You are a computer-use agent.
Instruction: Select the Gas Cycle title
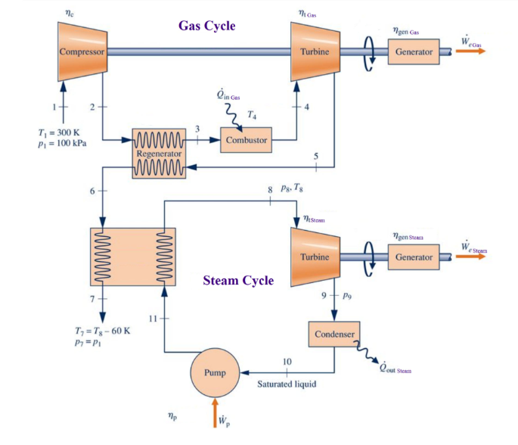[206, 26]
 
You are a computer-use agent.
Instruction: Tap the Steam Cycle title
[238, 281]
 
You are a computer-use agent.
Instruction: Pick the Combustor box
[246, 141]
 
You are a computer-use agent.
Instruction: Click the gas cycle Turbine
[314, 51]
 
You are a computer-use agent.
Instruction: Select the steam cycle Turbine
[314, 257]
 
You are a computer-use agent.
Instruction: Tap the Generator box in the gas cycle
[414, 51]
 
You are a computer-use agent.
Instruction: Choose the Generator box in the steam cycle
[414, 257]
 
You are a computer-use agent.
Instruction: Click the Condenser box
[333, 334]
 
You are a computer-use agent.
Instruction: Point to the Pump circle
[215, 373]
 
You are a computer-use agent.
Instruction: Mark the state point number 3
[197, 129]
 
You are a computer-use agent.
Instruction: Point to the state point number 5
[316, 156]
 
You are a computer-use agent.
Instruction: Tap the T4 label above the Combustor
[252, 115]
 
